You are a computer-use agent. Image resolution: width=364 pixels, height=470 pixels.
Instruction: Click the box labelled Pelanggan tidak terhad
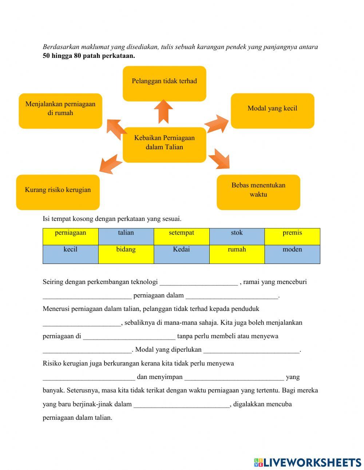point(164,83)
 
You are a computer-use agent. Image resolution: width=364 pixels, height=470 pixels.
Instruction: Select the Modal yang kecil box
point(272,111)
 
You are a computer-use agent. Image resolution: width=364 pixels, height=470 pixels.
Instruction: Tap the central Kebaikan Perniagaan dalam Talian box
point(164,145)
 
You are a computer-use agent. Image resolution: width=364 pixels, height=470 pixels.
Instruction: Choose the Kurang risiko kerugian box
point(58,192)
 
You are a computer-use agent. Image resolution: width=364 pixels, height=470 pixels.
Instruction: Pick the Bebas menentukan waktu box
point(258,192)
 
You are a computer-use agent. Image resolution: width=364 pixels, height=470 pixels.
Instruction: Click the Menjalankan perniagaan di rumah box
point(60,111)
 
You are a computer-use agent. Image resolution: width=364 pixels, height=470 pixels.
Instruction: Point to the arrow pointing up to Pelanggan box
point(163,111)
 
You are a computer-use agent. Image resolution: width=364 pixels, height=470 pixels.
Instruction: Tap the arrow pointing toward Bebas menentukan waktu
point(219,159)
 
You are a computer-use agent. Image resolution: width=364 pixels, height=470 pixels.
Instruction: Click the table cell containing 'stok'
point(237,236)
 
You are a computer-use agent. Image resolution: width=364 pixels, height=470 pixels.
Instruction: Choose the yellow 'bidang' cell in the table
point(126,254)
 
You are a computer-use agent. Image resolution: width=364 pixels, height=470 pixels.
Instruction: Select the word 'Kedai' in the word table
point(181,254)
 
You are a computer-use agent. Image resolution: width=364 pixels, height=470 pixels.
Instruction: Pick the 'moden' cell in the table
point(292,254)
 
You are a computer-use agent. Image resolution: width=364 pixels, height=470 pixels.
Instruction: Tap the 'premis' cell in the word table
point(292,236)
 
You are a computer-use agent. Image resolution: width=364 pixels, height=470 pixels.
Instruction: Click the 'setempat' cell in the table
point(181,236)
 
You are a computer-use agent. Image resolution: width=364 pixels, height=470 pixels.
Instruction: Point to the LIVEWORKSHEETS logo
point(308,462)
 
